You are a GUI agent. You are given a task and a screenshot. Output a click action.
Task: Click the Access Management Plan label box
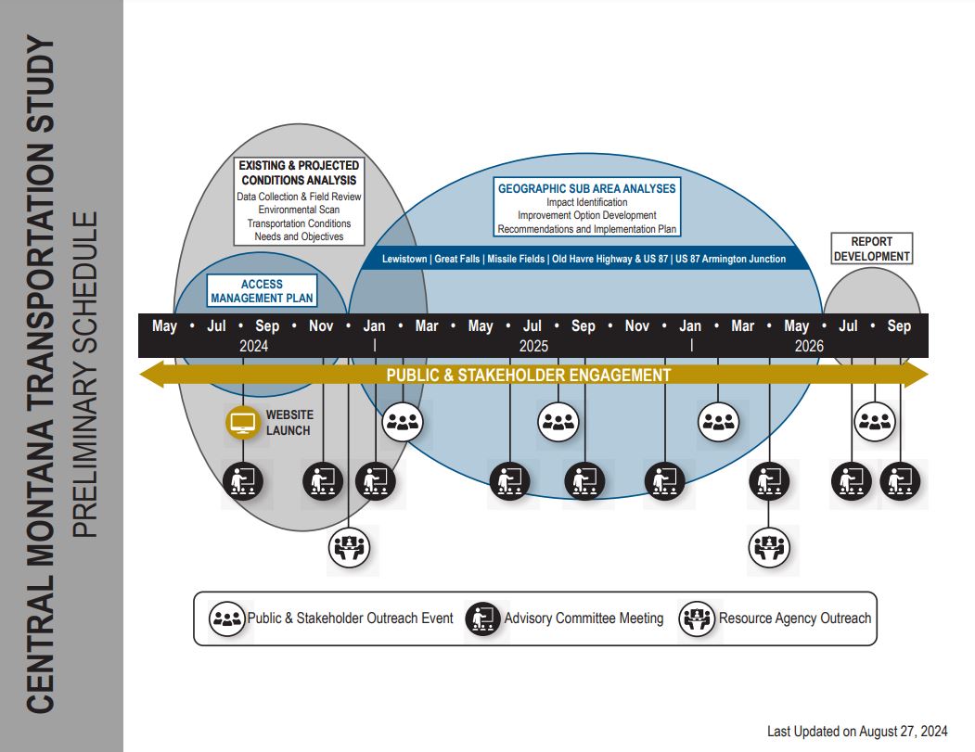tap(262, 291)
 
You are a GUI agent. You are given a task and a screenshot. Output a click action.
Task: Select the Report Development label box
tap(871, 249)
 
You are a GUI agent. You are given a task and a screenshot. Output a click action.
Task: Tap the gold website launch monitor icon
tap(243, 423)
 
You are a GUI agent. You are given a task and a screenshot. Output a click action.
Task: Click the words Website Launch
tap(289, 423)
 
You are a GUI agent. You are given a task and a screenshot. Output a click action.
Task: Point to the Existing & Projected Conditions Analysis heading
tap(299, 172)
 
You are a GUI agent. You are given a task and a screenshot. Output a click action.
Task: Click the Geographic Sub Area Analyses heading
tap(586, 188)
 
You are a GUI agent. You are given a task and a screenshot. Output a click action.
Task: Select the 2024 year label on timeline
tap(253, 346)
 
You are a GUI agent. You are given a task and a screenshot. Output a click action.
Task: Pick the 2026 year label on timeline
tap(809, 346)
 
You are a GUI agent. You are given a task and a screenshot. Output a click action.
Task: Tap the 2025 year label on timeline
tap(533, 346)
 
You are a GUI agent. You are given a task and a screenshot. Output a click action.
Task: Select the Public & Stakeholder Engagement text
tap(528, 376)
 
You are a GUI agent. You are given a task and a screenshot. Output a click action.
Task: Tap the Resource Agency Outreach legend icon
tap(697, 618)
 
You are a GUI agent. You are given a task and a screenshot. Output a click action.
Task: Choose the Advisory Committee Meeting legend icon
tap(482, 618)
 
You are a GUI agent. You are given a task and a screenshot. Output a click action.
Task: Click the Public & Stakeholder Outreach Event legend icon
tap(225, 618)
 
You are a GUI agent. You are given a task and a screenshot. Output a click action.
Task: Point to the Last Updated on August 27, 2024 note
tap(857, 732)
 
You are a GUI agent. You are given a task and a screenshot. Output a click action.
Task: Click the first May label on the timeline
tap(164, 326)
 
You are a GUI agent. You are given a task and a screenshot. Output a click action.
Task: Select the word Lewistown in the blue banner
tap(404, 260)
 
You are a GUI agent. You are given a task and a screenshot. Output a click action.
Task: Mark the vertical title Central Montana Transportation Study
tap(41, 376)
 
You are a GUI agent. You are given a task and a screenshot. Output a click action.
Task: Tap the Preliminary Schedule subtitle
tap(84, 376)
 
